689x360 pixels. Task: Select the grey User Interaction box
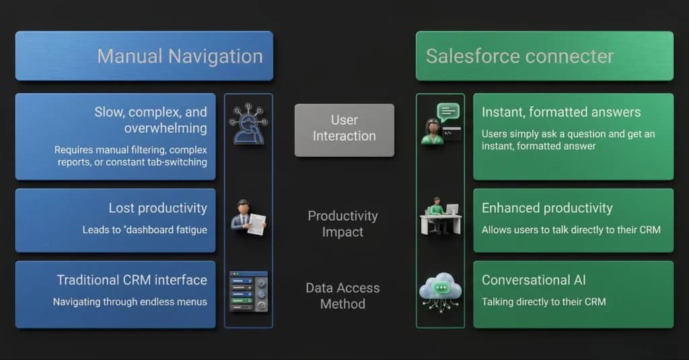pyautogui.click(x=344, y=130)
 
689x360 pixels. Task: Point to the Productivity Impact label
pyautogui.click(x=342, y=223)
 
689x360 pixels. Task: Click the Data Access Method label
pyautogui.click(x=342, y=296)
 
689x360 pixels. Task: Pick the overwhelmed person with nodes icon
pyautogui.click(x=248, y=124)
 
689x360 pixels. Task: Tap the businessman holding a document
pyautogui.click(x=248, y=217)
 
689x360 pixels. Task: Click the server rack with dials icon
pyautogui.click(x=249, y=291)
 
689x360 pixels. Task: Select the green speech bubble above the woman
pyautogui.click(x=448, y=112)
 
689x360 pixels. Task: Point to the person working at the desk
pyautogui.click(x=440, y=215)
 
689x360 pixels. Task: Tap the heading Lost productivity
pyautogui.click(x=157, y=208)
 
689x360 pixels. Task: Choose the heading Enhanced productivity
pyautogui.click(x=547, y=208)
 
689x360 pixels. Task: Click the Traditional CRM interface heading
pyautogui.click(x=132, y=280)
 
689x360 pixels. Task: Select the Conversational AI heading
pyautogui.click(x=534, y=280)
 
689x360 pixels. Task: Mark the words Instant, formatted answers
pyautogui.click(x=561, y=112)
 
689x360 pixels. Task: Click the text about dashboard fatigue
pyautogui.click(x=145, y=229)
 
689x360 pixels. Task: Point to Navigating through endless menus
pyautogui.click(x=130, y=302)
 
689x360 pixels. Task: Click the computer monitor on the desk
pyautogui.click(x=452, y=209)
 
